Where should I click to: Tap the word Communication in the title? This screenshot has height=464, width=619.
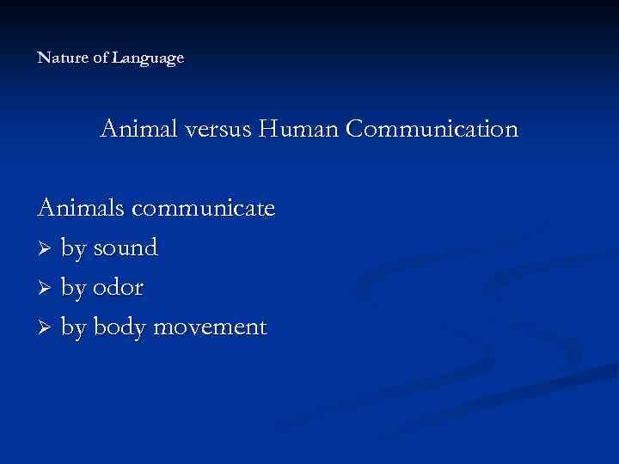(x=432, y=130)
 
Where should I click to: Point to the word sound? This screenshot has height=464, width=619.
(x=125, y=248)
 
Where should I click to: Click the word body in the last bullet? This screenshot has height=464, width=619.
(x=120, y=328)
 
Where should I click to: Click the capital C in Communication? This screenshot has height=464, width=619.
(x=354, y=130)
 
